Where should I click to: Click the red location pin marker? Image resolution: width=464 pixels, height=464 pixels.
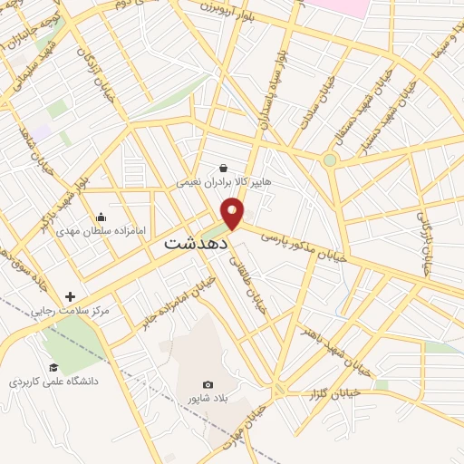(234, 214)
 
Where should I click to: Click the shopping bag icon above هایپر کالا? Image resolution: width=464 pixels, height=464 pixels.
(223, 168)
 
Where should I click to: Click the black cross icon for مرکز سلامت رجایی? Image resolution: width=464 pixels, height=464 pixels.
(71, 296)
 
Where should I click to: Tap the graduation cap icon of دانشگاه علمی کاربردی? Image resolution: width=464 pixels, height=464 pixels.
(53, 367)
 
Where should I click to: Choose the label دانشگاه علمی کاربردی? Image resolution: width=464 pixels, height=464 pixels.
(54, 382)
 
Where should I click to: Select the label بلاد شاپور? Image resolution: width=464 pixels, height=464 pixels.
(208, 400)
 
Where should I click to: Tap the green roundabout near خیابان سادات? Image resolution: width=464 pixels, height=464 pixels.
(330, 160)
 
